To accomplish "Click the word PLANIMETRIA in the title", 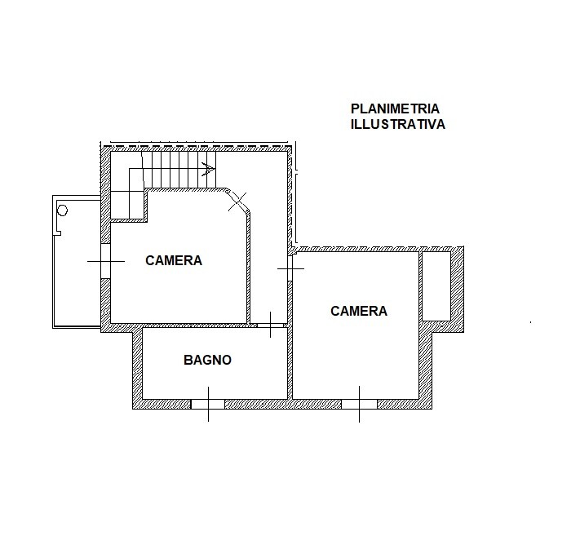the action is pos(395,109).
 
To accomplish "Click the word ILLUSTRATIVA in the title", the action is pos(397,124).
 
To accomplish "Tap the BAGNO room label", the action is pos(207,360).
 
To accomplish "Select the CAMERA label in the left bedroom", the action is pos(174,260).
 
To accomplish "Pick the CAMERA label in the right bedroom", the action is pos(359,311).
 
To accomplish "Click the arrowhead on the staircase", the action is pos(209,169).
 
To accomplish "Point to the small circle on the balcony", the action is pos(63,210).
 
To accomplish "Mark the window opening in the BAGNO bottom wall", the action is pos(208,404).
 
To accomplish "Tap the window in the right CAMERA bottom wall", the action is pos(359,404).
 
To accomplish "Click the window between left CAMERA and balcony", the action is pos(106,261).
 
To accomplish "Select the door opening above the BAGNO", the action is pos(271,326).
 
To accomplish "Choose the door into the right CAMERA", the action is pos(290,268).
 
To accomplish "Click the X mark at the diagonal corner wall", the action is pos(237,202).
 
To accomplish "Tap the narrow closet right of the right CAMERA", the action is pos(436,286).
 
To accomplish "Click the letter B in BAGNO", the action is pos(188,360).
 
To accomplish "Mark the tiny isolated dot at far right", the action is pos(531,322).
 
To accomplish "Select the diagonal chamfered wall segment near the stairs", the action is pos(237,202).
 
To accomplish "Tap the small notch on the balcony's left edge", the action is pos(58,233).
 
